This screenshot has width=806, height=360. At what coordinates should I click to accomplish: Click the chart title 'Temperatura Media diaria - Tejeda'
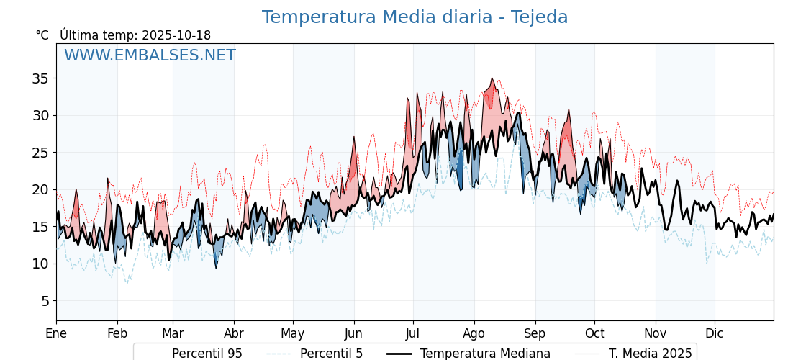(415, 17)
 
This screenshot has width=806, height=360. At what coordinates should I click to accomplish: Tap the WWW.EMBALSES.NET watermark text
(150, 55)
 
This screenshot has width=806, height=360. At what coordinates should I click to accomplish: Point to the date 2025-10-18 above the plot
(176, 35)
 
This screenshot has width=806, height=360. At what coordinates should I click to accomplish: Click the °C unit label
(42, 35)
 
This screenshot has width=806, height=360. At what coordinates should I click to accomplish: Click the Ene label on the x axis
(56, 333)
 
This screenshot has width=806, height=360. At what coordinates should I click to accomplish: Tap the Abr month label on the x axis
(234, 333)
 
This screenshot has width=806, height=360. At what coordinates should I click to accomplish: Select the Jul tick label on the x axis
(413, 333)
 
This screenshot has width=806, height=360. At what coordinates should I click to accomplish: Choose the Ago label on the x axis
(474, 333)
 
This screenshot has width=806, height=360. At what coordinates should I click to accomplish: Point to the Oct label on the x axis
(594, 333)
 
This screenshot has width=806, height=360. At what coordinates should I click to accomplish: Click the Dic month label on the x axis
(715, 333)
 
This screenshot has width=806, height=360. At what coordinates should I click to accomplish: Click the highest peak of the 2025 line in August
(492, 78)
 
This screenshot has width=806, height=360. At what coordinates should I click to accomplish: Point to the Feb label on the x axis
(117, 333)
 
